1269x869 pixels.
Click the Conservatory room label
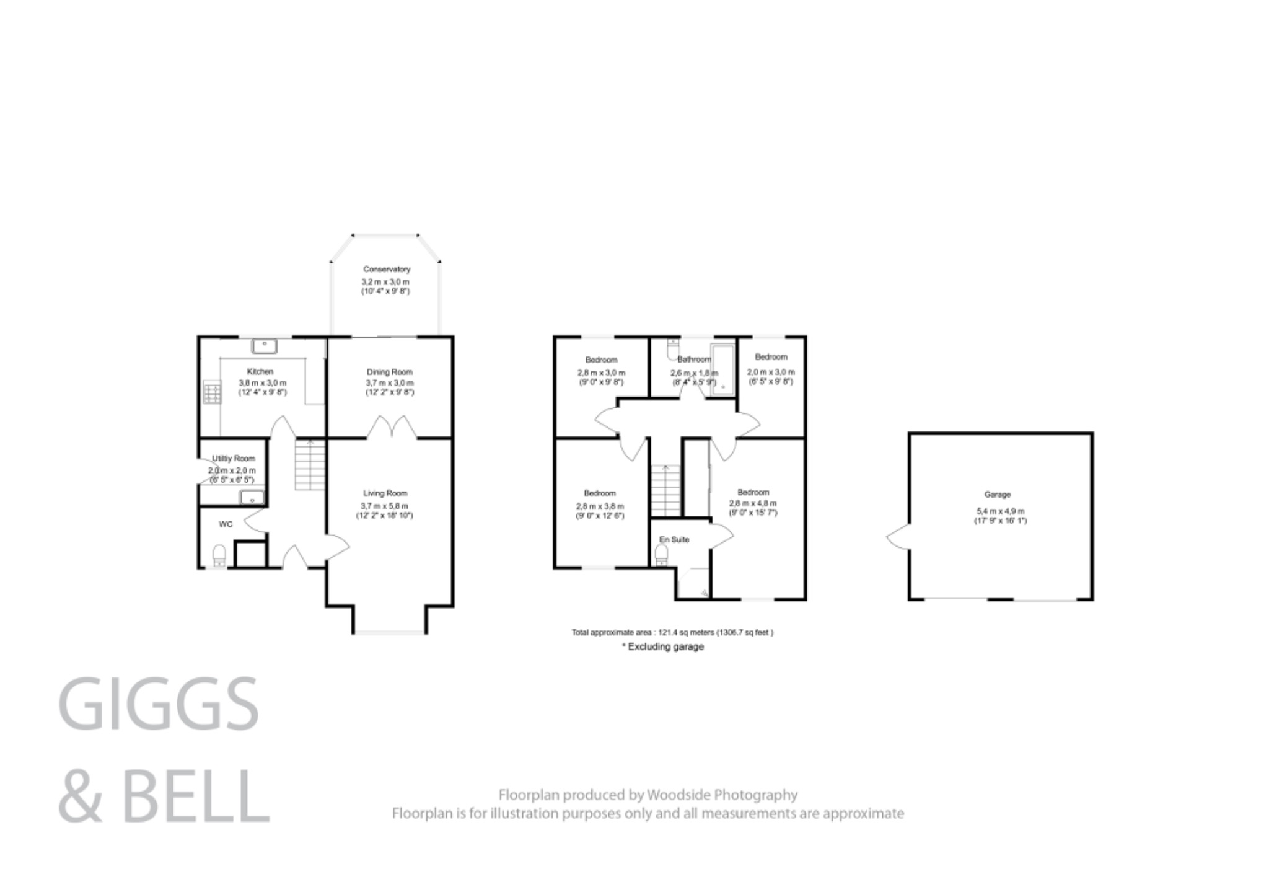(x=387, y=269)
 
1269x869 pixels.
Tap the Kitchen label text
(x=260, y=371)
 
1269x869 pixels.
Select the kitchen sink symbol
(x=265, y=345)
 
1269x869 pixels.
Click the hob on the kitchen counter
(x=211, y=393)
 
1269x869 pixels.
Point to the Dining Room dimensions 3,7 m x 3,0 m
(x=389, y=383)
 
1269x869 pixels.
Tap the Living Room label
(x=385, y=493)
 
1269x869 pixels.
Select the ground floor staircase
(x=309, y=464)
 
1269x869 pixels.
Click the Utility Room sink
(x=252, y=496)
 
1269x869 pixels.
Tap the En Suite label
(x=674, y=539)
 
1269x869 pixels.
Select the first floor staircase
(x=665, y=490)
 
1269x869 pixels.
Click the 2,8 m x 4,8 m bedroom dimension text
(x=753, y=503)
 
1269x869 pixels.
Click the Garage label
(x=997, y=495)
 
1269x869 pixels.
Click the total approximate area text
(x=672, y=633)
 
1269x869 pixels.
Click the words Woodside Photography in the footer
(x=722, y=795)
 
